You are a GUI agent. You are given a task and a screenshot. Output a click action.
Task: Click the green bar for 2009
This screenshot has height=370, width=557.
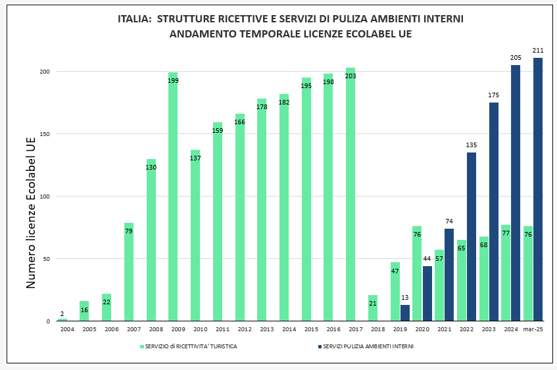(173, 197)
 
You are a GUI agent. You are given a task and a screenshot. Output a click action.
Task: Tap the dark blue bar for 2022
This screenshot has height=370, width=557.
(472, 237)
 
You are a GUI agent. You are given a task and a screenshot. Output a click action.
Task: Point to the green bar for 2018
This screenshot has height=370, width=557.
(373, 309)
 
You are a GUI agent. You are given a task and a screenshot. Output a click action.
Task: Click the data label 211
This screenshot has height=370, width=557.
(538, 51)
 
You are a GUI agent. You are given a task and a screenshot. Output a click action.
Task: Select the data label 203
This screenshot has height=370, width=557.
(351, 76)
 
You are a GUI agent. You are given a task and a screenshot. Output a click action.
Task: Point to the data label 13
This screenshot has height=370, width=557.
(405, 298)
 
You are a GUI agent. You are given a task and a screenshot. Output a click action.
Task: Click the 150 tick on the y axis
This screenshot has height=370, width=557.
(45, 134)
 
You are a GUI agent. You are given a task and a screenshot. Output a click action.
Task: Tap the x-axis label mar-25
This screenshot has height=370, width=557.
(533, 329)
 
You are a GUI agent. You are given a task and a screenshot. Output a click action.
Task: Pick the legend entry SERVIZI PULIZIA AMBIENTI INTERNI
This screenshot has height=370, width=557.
(368, 346)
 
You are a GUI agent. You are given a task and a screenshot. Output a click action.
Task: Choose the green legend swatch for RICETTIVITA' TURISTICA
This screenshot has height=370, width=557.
(141, 346)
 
